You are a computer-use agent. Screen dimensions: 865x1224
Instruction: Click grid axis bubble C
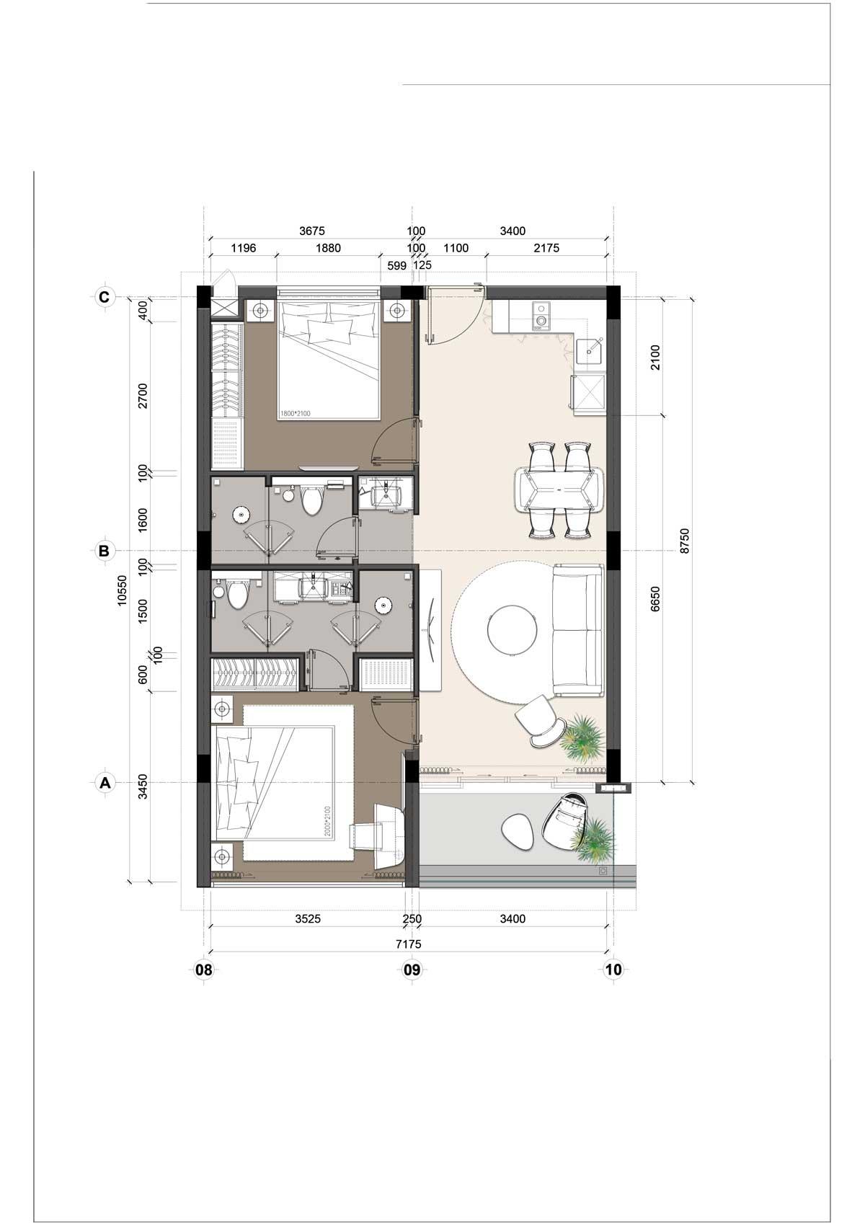pyautogui.click(x=104, y=297)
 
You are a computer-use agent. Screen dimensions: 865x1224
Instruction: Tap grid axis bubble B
pyautogui.click(x=104, y=551)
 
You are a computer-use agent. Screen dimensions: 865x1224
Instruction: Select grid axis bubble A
pyautogui.click(x=104, y=783)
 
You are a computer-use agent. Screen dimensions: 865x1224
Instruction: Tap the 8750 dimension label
pyautogui.click(x=686, y=541)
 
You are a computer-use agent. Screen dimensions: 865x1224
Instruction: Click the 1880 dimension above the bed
pyautogui.click(x=328, y=248)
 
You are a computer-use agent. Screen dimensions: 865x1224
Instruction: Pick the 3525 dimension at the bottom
pyautogui.click(x=309, y=918)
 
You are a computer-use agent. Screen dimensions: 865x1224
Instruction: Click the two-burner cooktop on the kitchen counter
pyautogui.click(x=541, y=316)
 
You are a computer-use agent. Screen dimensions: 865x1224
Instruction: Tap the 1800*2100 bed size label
pyautogui.click(x=295, y=414)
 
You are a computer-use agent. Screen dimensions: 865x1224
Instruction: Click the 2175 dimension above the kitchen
pyautogui.click(x=546, y=248)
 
